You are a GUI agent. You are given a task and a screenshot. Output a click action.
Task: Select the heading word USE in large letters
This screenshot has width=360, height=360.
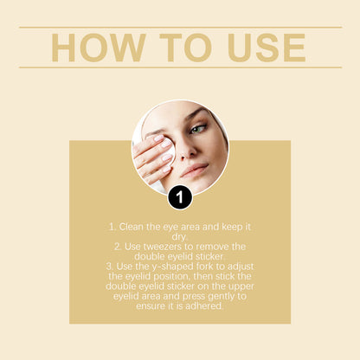pos(263,48)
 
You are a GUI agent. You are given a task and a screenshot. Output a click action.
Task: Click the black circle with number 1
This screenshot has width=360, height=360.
pos(179,197)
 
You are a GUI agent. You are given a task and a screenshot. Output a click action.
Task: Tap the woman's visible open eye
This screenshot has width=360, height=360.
pos(198,130)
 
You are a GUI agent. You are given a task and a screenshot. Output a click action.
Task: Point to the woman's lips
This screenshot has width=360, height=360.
pos(195,170)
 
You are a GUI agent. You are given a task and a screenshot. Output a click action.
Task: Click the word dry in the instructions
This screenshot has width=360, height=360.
pos(179,235)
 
